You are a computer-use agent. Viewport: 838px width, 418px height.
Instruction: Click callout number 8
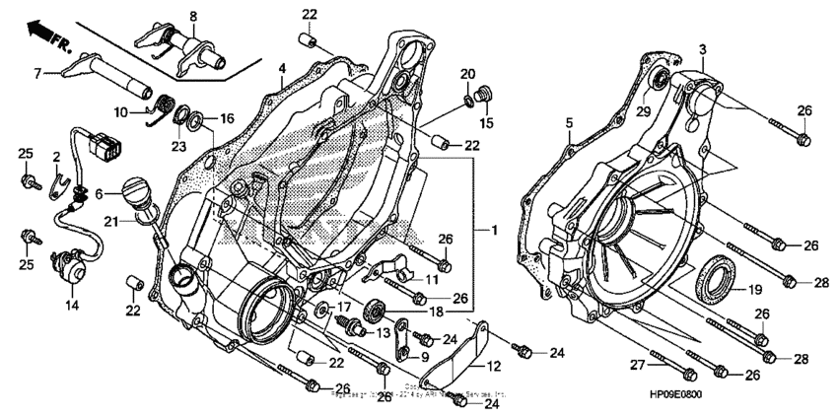[193, 16]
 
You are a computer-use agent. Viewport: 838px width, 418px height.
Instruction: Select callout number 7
[37, 72]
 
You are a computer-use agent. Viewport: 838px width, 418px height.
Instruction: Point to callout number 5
[569, 122]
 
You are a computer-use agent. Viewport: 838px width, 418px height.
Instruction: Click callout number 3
[703, 48]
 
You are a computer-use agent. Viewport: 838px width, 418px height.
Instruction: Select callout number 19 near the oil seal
[754, 291]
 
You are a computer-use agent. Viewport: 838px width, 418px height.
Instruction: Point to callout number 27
[638, 366]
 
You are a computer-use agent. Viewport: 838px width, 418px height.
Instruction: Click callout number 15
[485, 122]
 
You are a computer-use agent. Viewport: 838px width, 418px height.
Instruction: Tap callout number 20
[467, 74]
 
